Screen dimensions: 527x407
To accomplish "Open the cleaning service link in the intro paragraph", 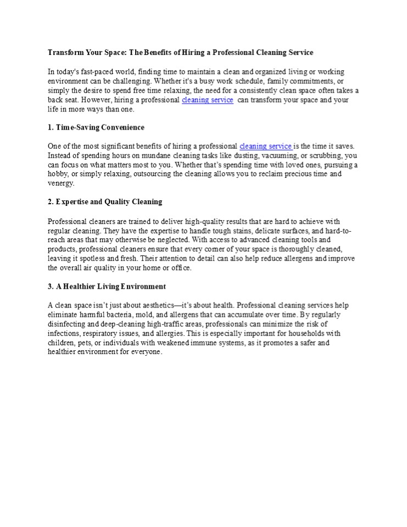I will click(x=207, y=100).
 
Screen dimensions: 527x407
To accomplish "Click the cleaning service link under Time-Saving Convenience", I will click(x=265, y=146).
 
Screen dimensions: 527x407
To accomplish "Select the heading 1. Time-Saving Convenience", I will click(x=96, y=127).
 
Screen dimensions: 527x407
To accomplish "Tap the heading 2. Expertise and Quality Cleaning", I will click(x=105, y=201).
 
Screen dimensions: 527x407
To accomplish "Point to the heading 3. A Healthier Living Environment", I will click(x=107, y=287).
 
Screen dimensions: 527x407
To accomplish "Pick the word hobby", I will click(x=58, y=174).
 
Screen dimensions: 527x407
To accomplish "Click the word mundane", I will click(x=152, y=155).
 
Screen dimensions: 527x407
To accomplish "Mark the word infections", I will click(x=65, y=333).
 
